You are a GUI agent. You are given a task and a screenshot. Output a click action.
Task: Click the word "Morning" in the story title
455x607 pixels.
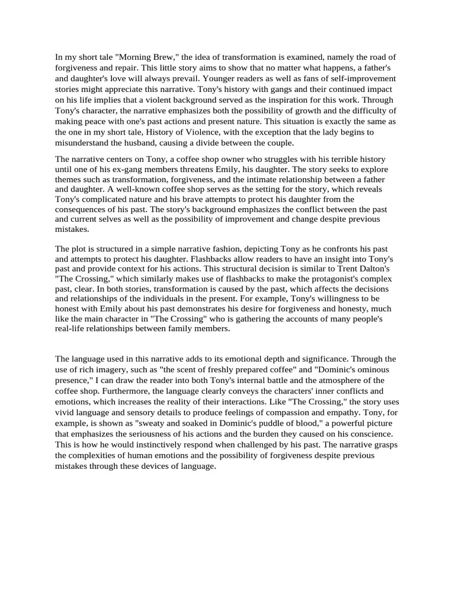[x=140, y=57]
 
